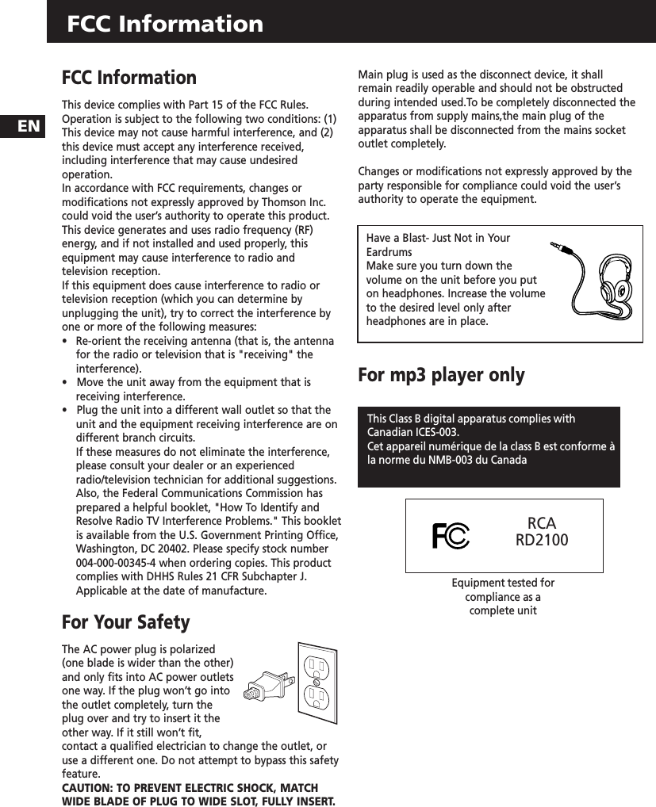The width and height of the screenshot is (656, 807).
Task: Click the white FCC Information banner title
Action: (165, 24)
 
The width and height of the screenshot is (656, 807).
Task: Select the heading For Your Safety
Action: (126, 622)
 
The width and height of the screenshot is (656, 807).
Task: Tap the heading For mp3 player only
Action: (441, 375)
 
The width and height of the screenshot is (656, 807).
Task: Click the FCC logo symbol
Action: (451, 536)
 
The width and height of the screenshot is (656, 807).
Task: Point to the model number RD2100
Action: (542, 541)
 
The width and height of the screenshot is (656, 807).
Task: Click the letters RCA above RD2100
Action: (542, 524)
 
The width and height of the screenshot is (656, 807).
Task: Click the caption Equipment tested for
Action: (503, 583)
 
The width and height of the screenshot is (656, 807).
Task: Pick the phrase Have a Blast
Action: (399, 238)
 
